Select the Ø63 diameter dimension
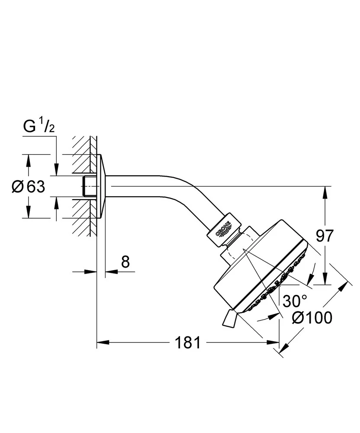[x=29, y=187]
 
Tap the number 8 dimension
[x=125, y=262]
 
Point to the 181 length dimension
[x=188, y=343]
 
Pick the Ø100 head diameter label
[x=312, y=318]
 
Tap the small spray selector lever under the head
[x=229, y=320]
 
